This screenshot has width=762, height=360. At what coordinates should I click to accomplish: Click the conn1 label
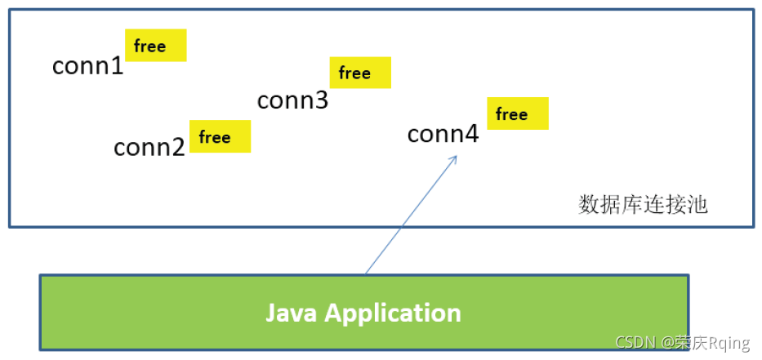87,65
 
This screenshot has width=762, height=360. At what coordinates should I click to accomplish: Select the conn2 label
149,147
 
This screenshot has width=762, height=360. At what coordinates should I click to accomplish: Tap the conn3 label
292,100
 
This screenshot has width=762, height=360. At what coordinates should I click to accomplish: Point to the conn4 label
443,133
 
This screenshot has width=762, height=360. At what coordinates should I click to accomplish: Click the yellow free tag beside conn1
155,46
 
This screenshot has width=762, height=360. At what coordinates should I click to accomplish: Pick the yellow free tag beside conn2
220,136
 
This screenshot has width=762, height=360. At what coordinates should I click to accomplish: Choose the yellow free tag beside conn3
360,73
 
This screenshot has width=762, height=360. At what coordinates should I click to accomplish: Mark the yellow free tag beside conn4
517,113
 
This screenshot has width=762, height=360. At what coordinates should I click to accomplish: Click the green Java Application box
363,313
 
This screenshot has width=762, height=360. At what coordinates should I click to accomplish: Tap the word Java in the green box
292,313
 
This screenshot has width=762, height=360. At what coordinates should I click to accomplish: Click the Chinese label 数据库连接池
643,204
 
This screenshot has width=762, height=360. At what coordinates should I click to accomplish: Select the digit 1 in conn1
117,65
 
